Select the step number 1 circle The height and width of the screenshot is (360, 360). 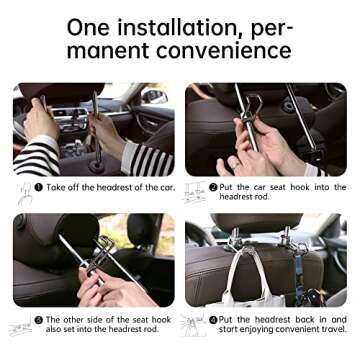point(39,187)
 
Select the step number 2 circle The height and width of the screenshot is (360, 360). point(214,187)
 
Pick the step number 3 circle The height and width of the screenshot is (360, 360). point(39,321)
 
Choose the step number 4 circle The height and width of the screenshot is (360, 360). point(213,321)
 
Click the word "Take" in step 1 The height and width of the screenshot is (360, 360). point(58,187)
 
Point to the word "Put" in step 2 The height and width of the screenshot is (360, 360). point(230,187)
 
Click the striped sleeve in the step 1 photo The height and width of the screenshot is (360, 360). point(35,155)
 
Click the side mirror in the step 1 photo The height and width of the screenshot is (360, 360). point(153,97)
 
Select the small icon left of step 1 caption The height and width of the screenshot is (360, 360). point(21,190)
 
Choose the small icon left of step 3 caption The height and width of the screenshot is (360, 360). point(21,326)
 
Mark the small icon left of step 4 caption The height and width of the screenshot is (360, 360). point(195,326)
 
